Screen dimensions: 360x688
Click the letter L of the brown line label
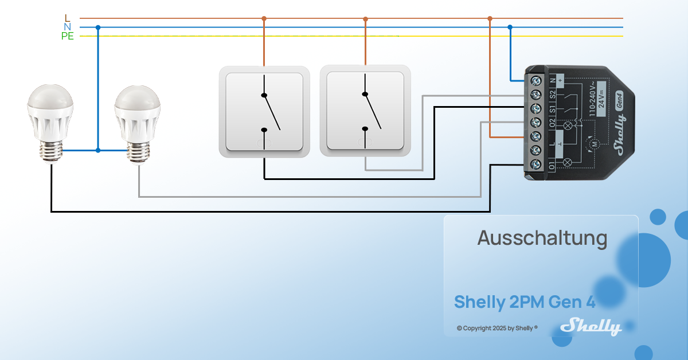[x=68, y=18]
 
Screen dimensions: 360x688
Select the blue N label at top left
[x=68, y=27]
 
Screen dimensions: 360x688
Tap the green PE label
[x=68, y=36]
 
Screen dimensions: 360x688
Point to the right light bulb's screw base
[x=138, y=153]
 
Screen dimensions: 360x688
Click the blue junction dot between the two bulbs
[x=98, y=150]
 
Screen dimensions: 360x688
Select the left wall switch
[x=264, y=112]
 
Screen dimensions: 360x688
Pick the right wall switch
[x=365, y=112]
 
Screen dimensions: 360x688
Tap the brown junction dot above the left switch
[x=264, y=18]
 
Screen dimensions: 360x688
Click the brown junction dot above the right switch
[x=365, y=18]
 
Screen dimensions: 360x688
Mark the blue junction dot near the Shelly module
[x=510, y=27]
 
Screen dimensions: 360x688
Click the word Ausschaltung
[x=542, y=238]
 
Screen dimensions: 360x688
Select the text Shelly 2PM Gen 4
[x=525, y=302]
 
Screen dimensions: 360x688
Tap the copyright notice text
[x=497, y=328]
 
